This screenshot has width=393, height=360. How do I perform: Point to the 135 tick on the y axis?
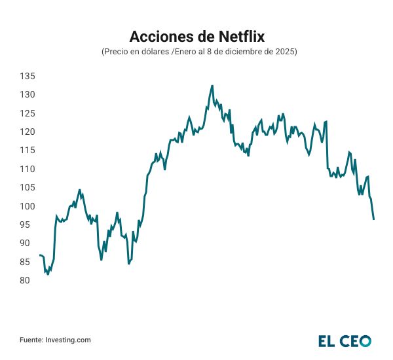tap(27, 77)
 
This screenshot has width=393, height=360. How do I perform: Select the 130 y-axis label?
tap(27, 95)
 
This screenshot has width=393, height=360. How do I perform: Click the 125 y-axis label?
tap(27, 113)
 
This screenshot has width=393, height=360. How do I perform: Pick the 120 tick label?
tap(27, 132)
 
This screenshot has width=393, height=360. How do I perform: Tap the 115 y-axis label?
tap(27, 151)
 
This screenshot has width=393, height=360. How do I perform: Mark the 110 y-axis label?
tap(27, 169)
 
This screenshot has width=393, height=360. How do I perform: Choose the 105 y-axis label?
tap(27, 188)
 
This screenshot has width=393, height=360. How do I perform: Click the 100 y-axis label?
tap(27, 206)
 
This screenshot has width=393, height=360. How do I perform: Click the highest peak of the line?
tap(212, 85)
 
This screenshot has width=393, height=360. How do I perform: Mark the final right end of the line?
tap(373, 219)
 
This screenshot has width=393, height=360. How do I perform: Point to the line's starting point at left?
tap(40, 255)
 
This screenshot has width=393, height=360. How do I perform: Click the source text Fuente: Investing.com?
tap(55, 340)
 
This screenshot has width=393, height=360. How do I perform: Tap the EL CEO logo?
tap(345, 340)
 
